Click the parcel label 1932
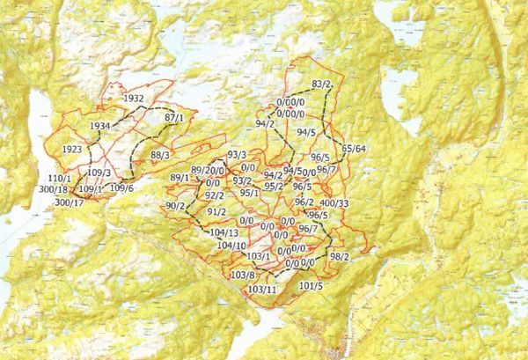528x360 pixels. coord(134,98)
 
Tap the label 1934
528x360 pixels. coord(100,127)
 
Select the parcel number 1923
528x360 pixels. coord(73,151)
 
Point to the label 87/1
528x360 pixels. coord(173,117)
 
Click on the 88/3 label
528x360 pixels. coord(160,156)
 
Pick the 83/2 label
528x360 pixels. coord(321,84)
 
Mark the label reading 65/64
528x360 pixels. coord(355,148)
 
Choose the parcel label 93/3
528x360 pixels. coord(237,155)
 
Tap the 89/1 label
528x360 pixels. coord(180,178)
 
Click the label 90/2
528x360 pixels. coord(174,206)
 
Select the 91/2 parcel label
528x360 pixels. coord(216,212)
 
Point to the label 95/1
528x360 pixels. coord(249,193)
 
